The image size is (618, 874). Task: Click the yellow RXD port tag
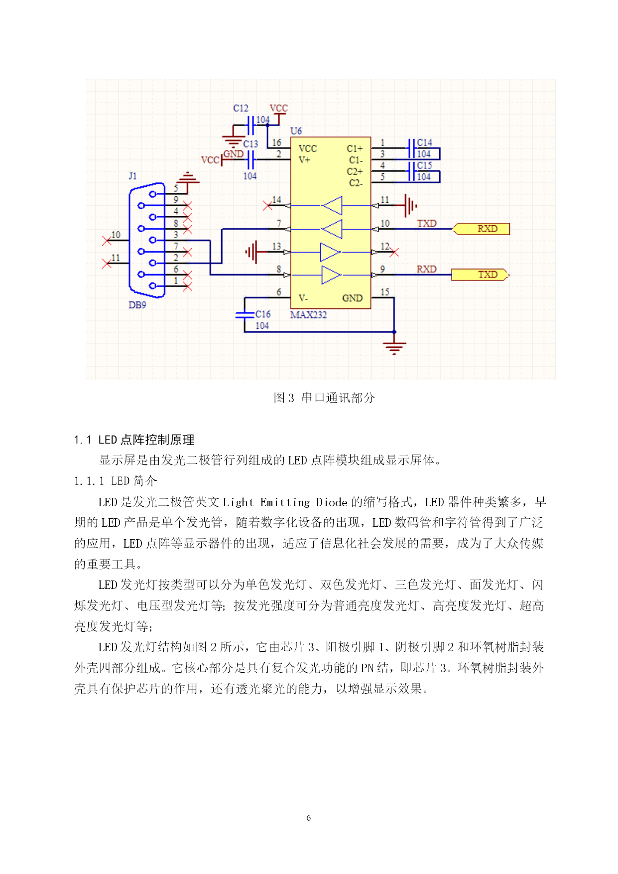481,229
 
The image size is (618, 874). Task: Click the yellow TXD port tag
481,275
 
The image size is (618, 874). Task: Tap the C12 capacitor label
241,108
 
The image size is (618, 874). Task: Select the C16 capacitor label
263,314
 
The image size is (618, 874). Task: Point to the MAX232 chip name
309,315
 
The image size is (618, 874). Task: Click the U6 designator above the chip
296,131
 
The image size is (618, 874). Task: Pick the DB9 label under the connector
137,305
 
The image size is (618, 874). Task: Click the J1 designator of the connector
132,176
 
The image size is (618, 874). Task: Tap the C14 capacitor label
424,143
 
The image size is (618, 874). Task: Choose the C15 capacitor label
424,165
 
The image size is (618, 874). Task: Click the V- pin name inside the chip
303,298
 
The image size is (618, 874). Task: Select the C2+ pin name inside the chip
355,171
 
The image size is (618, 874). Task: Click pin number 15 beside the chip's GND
385,292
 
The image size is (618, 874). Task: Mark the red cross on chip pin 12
394,253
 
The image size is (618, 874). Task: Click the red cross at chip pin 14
267,205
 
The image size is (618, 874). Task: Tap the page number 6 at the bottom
309,818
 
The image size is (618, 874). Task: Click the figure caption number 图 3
284,398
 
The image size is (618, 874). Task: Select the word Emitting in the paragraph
285,502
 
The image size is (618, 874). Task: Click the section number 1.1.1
89,481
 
